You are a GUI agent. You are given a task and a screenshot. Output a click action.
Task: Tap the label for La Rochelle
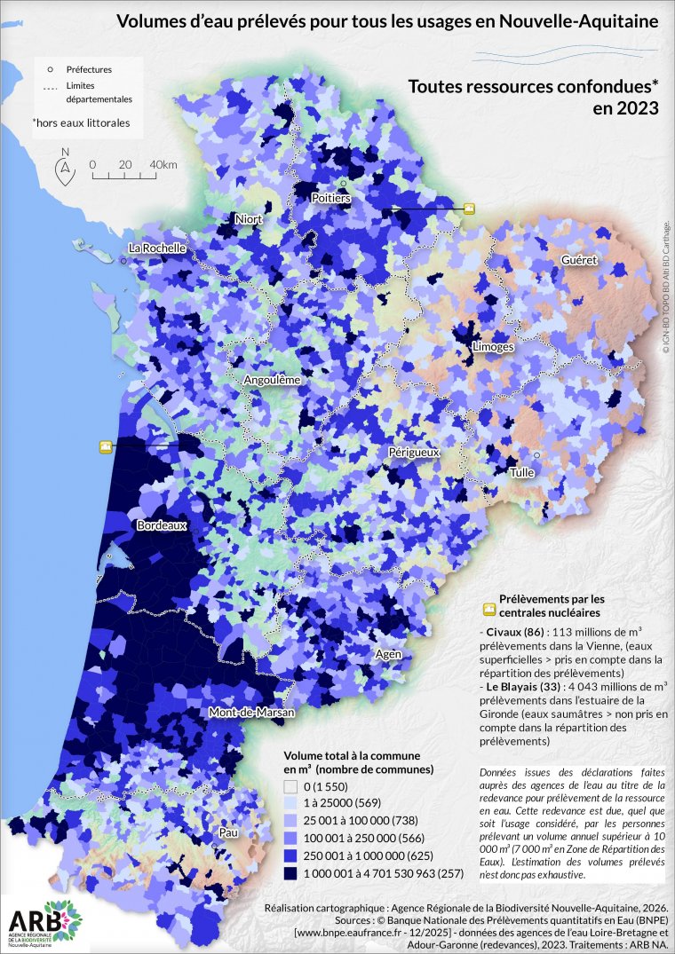157,248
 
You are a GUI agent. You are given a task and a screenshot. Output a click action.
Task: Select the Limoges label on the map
493,346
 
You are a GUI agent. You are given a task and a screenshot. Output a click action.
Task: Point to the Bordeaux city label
162,525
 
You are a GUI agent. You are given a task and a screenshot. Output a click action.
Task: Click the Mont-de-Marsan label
251,713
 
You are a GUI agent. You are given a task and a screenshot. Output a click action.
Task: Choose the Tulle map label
521,473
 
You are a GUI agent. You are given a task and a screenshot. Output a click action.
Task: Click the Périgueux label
414,452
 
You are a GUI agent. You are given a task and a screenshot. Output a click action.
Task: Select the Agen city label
389,654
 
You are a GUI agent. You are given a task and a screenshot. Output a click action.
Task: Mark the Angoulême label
272,379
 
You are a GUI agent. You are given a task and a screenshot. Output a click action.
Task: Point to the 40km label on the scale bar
163,165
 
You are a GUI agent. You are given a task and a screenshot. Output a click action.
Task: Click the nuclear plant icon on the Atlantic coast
106,446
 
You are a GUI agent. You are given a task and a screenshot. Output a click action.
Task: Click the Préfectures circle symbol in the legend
51,68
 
